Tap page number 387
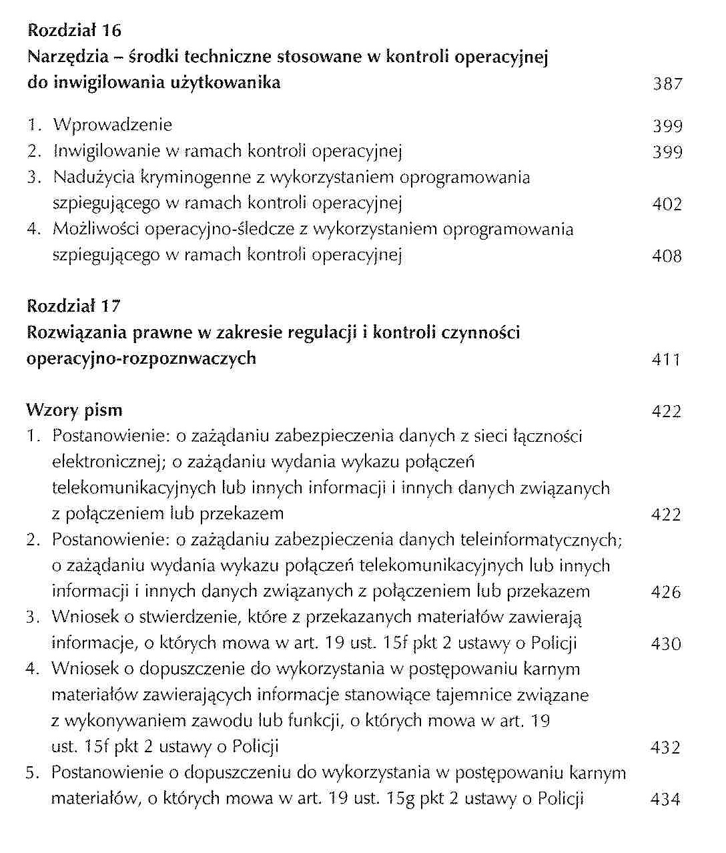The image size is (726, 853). tap(667, 84)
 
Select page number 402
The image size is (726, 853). tap(667, 204)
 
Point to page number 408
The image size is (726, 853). tap(667, 256)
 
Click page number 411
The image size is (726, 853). tap(666, 360)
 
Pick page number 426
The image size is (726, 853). tap(666, 592)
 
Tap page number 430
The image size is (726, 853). tap(666, 644)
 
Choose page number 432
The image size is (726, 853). tap(665, 748)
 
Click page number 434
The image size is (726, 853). tap(665, 800)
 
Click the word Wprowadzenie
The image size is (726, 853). tap(113, 125)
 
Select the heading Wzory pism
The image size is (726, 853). tap(74, 410)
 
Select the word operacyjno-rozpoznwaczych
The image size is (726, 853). tap(141, 358)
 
